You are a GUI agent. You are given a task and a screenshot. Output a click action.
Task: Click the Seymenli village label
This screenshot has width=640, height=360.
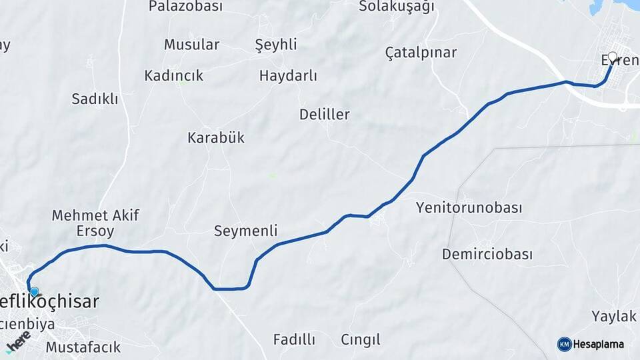[x=245, y=231]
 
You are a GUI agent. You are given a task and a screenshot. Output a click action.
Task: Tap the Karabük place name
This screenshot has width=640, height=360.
[x=215, y=138]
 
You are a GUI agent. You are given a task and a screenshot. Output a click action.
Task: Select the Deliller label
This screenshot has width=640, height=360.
[x=324, y=115]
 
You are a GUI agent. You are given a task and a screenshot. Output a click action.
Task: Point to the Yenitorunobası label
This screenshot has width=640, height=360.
[x=469, y=207]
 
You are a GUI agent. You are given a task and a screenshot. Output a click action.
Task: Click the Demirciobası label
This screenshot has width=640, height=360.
[x=487, y=255]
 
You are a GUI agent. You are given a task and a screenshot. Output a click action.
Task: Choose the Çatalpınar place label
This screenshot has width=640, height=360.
[x=421, y=53]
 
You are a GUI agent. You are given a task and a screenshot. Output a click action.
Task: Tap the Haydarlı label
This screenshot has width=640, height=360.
[x=288, y=76]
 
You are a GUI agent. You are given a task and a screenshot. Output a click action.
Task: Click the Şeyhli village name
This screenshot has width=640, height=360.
[x=276, y=45]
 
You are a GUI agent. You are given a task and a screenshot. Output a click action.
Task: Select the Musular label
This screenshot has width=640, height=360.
[x=191, y=45]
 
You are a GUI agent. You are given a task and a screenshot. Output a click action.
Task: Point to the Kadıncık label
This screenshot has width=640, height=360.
[x=173, y=76]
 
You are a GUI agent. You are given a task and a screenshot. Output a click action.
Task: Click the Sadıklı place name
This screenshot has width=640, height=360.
[x=95, y=99]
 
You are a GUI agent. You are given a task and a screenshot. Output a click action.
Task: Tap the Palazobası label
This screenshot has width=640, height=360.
[x=185, y=7]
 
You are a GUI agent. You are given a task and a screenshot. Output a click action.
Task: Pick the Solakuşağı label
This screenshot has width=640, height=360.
[x=396, y=7]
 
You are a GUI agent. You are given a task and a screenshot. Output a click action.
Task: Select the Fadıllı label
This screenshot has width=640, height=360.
[x=294, y=339]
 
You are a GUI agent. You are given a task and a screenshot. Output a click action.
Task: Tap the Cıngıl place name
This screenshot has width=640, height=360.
[x=360, y=339]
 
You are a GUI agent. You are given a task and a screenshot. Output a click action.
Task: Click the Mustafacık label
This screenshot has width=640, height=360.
[x=83, y=347]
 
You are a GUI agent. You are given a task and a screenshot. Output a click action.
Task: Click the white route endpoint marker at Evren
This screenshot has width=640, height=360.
[x=613, y=57]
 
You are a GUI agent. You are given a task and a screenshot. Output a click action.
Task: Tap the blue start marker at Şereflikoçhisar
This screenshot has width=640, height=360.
[x=35, y=291]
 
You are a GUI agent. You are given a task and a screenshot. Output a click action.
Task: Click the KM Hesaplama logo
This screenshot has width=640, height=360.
[x=591, y=344]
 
